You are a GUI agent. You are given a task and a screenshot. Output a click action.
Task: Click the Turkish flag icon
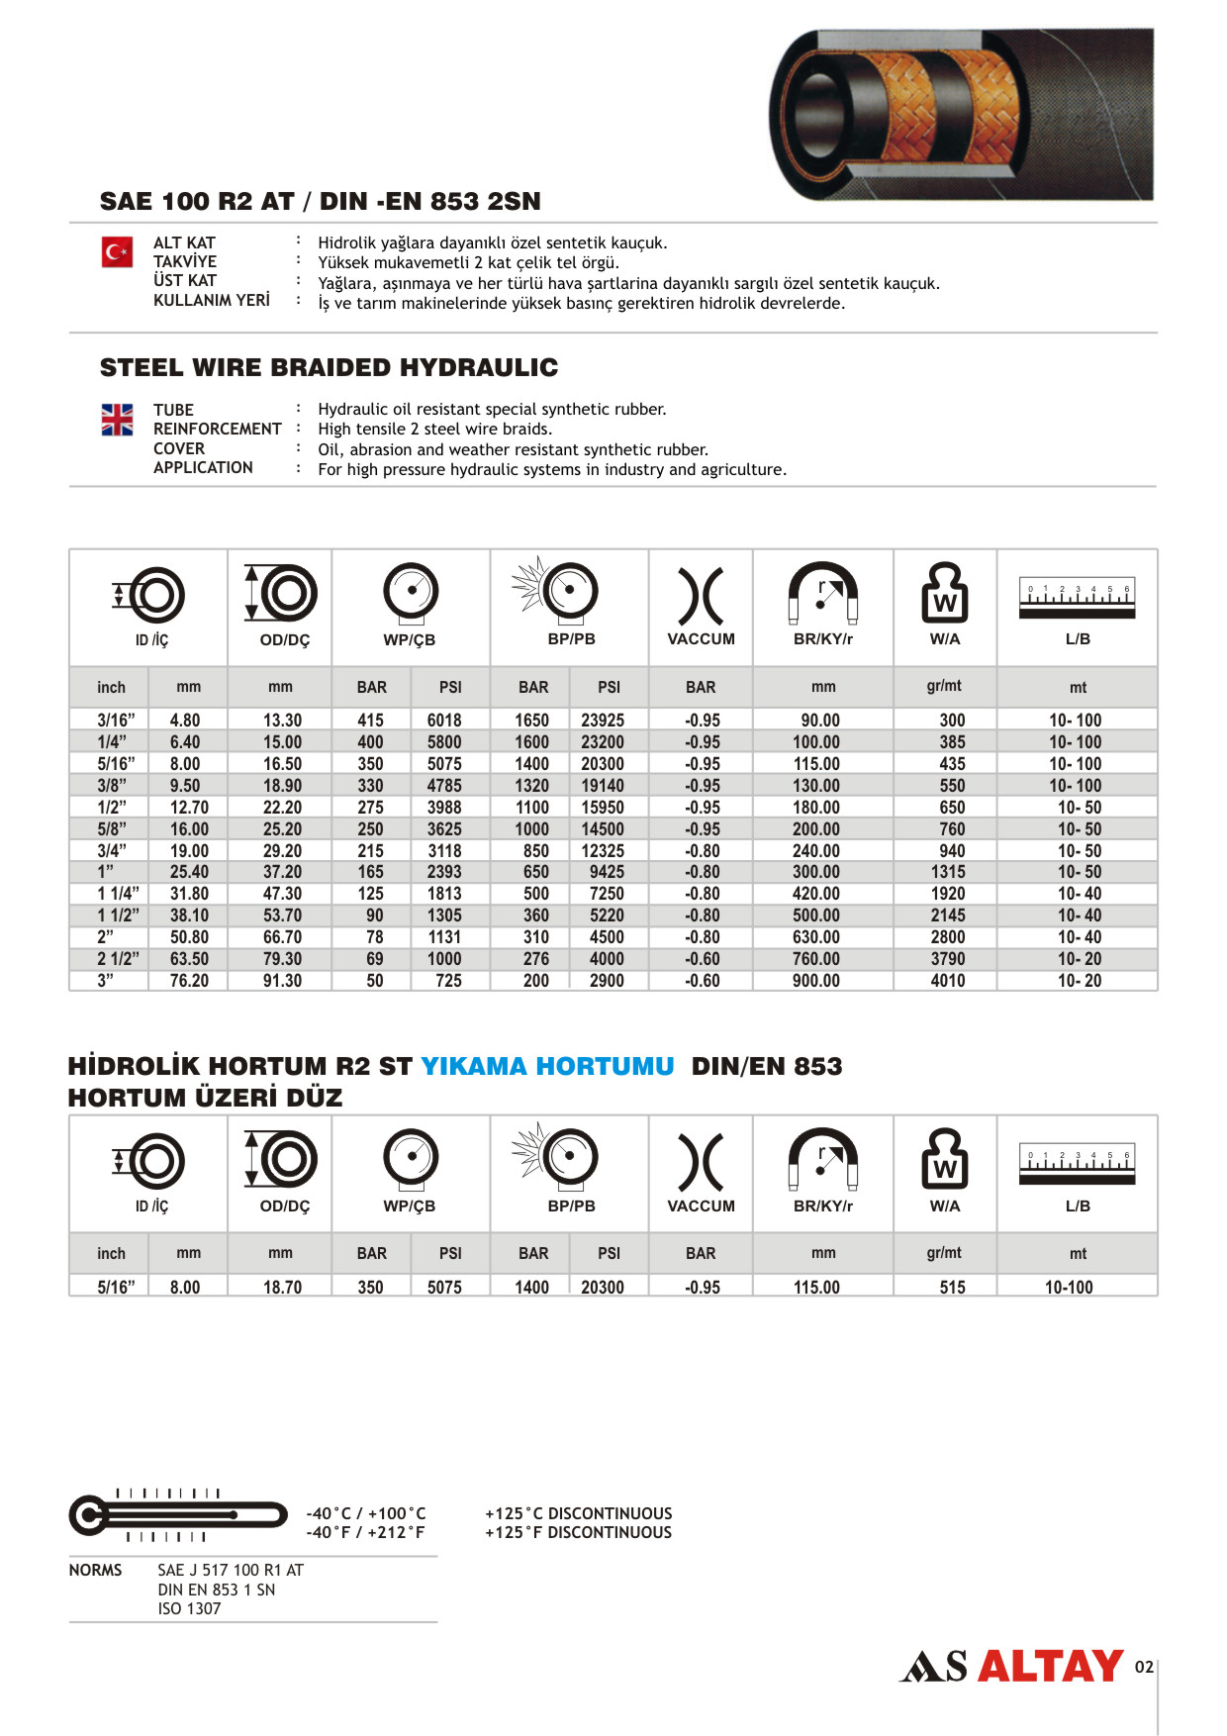click(x=117, y=252)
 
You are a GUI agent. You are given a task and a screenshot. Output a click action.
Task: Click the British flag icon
click(x=117, y=420)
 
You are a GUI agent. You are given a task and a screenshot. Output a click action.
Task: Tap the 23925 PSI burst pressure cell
click(x=602, y=721)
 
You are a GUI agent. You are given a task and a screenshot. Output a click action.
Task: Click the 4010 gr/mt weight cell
click(x=947, y=981)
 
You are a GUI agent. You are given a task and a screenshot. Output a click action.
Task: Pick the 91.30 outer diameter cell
click(x=282, y=981)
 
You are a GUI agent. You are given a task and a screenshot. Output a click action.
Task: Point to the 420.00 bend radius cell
click(x=815, y=894)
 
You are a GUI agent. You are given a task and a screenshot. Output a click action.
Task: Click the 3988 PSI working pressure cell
click(x=444, y=808)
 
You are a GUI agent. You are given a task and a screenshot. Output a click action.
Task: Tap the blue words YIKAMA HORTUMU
click(x=547, y=1066)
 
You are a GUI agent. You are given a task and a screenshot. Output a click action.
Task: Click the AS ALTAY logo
click(x=1011, y=1667)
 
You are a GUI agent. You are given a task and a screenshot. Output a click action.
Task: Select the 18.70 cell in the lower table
click(x=282, y=1287)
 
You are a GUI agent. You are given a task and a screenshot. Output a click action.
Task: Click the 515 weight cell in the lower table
click(x=952, y=1287)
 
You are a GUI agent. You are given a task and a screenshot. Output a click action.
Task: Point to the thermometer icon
click(x=176, y=1515)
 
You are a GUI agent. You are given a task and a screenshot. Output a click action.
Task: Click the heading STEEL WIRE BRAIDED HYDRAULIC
click(x=329, y=368)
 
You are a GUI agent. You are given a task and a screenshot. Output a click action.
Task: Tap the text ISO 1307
click(x=189, y=1608)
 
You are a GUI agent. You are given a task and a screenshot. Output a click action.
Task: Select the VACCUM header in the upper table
click(x=701, y=639)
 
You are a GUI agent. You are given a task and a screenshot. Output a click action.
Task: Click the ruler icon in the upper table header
click(x=1077, y=598)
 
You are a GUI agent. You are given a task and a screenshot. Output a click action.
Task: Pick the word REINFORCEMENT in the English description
click(x=217, y=429)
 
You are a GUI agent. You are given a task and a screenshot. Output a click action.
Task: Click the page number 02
click(x=1144, y=1667)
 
